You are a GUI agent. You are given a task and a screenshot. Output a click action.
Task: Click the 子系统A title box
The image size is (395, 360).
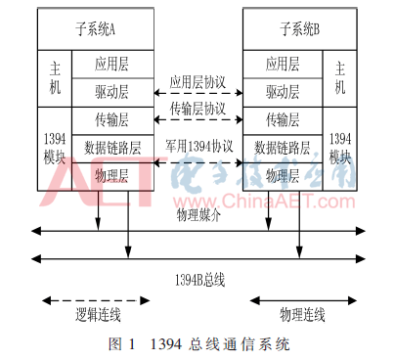pyautogui.click(x=97, y=30)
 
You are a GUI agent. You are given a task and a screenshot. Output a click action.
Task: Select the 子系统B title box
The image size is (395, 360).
pyautogui.click(x=297, y=30)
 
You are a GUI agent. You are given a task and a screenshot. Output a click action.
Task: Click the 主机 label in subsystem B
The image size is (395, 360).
pyautogui.click(x=340, y=79)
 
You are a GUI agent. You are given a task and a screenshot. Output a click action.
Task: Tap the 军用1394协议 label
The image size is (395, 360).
pyautogui.click(x=198, y=146)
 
